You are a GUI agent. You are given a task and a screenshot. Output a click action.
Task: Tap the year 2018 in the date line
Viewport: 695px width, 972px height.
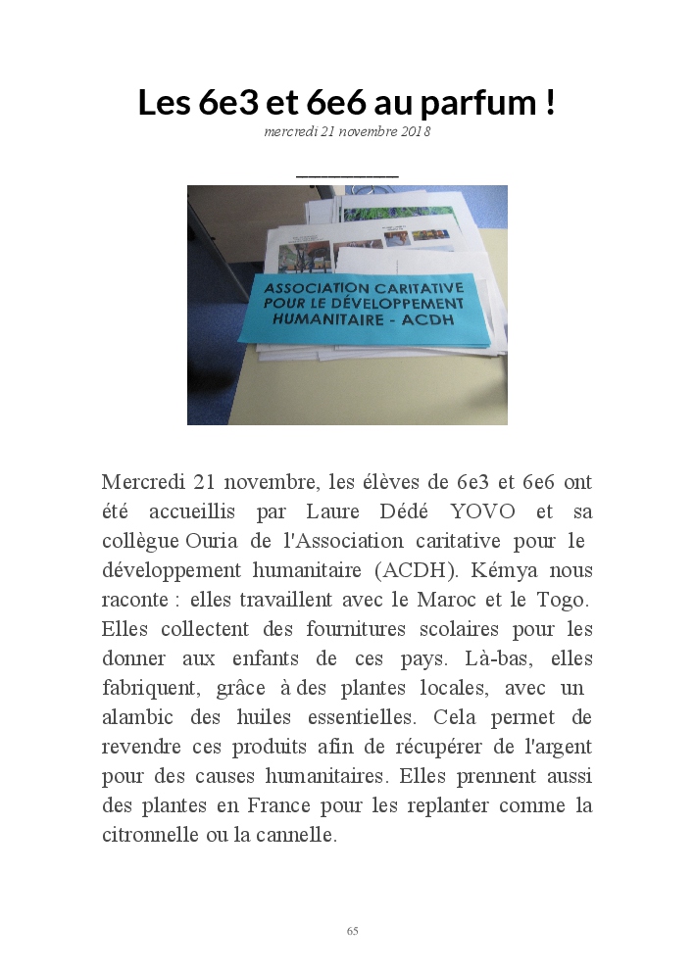coord(417,132)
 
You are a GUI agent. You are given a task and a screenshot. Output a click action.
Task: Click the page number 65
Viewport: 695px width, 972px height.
coord(353,931)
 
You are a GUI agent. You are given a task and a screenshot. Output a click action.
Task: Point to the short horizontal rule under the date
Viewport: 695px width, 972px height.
coord(347,177)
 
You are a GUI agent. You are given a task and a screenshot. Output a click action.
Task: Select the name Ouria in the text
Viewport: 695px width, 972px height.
coord(212,541)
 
